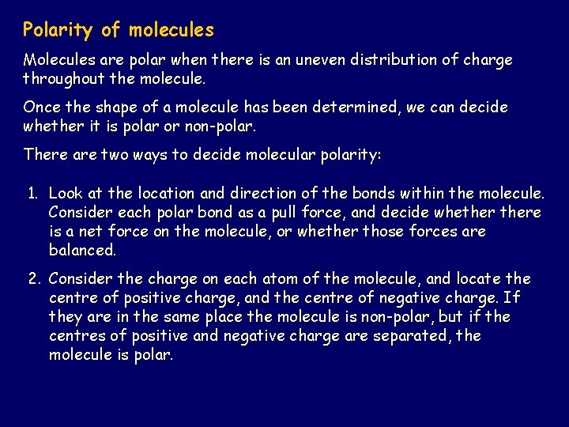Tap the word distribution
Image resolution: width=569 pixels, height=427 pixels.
(x=392, y=60)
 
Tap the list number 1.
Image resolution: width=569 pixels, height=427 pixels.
(x=33, y=194)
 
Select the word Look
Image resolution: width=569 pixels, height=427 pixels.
(x=66, y=194)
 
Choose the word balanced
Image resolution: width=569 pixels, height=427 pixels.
(x=82, y=251)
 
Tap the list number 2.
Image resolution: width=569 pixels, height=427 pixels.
(x=34, y=279)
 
